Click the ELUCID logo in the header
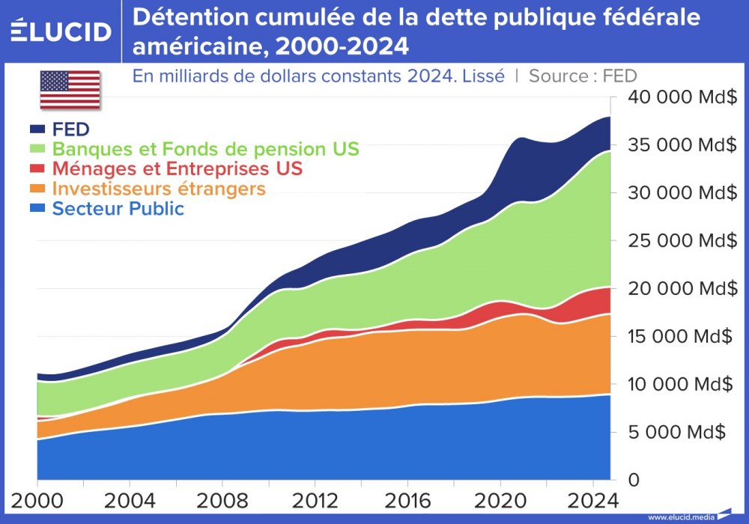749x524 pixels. [x=61, y=31]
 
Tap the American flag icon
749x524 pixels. [x=70, y=90]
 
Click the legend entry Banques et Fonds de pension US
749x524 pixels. [x=205, y=148]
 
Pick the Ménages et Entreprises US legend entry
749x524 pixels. [x=178, y=168]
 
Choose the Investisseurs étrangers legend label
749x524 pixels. [x=159, y=188]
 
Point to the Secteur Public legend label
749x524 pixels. [x=118, y=208]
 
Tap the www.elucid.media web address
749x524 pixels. [x=681, y=517]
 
